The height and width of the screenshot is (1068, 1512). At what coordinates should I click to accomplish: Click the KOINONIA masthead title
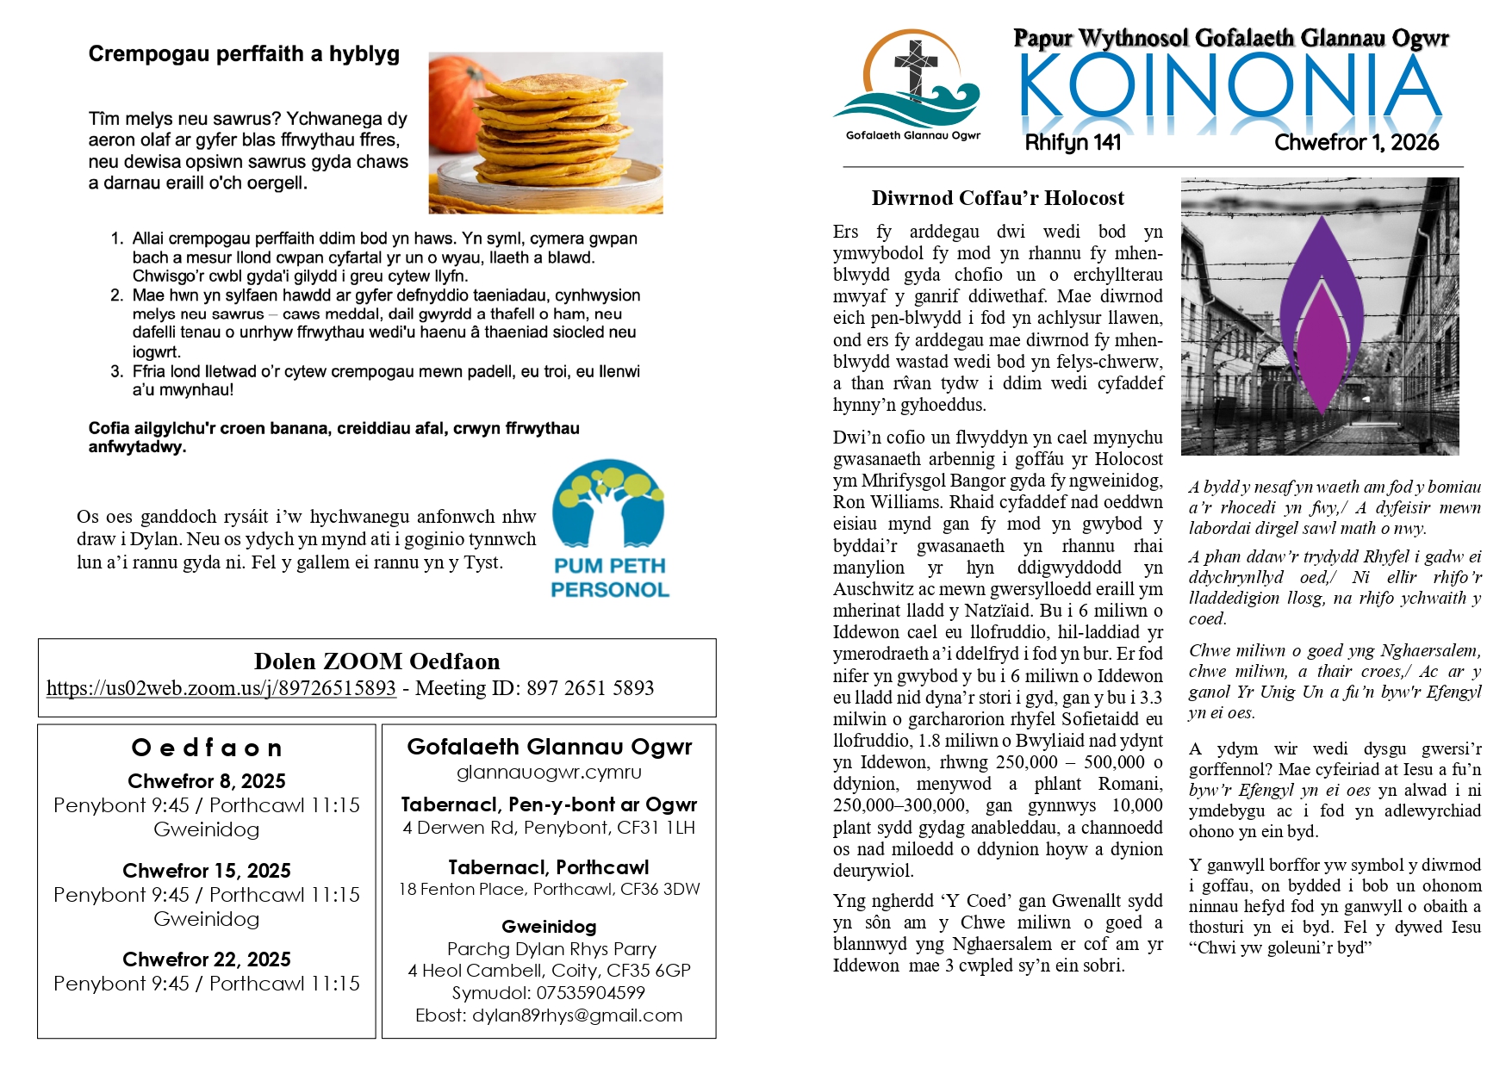point(1230,90)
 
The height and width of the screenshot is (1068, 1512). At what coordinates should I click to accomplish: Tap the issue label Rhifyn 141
point(1073,143)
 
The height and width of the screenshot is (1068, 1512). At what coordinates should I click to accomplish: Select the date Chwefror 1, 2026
point(1356,143)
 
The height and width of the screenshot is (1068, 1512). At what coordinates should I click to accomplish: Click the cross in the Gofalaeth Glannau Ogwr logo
point(916,67)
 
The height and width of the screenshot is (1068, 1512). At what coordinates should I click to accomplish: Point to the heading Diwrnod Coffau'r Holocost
point(998,198)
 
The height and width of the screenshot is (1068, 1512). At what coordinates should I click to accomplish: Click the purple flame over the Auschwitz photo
point(1321,319)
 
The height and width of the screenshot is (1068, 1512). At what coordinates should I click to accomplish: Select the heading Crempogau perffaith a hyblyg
point(244,54)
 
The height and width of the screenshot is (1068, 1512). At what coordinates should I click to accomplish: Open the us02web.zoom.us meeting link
point(221,688)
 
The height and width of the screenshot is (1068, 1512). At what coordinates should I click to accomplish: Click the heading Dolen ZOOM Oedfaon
point(376,661)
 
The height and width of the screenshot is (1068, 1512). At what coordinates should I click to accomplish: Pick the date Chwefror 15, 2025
point(207,871)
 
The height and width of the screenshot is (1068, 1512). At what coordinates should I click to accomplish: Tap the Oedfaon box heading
point(207,748)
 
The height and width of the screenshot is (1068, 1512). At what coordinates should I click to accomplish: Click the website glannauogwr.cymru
point(549,772)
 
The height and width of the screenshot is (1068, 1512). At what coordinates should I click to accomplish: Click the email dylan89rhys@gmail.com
point(577,1015)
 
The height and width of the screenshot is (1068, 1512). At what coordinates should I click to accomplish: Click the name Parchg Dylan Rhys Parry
point(551,949)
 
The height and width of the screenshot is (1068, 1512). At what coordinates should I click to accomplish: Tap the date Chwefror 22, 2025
point(207,959)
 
